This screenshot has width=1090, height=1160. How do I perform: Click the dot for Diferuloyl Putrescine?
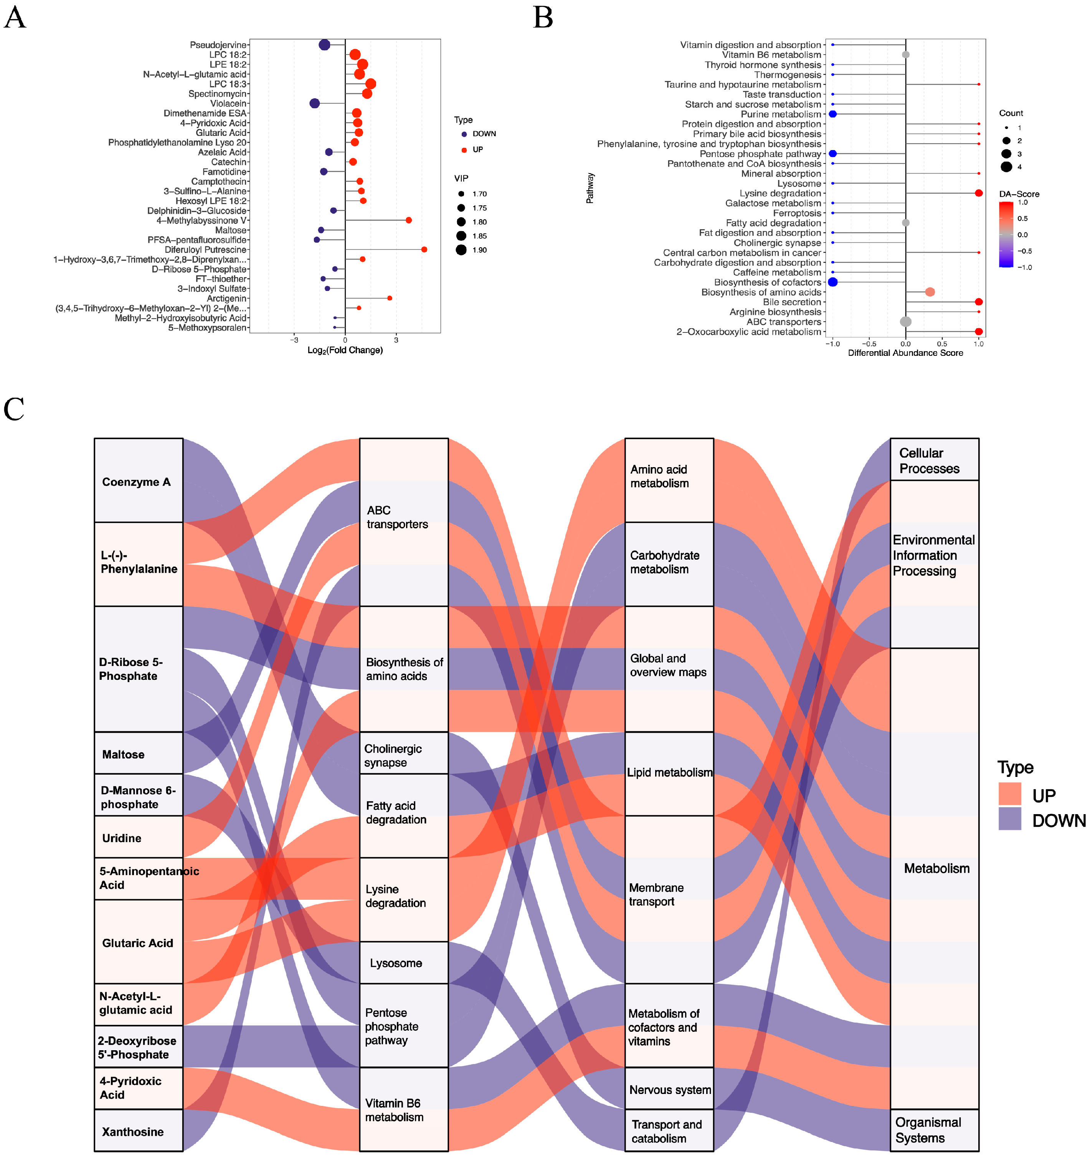[424, 250]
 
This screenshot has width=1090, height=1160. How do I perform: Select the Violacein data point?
[314, 103]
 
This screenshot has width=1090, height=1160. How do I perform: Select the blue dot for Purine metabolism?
[833, 114]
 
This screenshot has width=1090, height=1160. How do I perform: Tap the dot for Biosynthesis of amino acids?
[930, 292]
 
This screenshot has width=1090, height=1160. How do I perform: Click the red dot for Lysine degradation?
[979, 193]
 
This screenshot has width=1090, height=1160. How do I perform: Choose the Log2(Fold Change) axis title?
[345, 350]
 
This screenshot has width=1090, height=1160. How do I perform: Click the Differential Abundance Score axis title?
[905, 353]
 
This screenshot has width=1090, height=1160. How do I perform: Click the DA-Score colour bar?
[1006, 235]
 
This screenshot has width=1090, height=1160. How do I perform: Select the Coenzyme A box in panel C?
[138, 481]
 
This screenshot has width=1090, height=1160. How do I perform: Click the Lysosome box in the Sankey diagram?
[403, 963]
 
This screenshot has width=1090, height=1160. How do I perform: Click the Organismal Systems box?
[934, 1130]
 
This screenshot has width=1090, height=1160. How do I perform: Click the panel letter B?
[543, 18]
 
